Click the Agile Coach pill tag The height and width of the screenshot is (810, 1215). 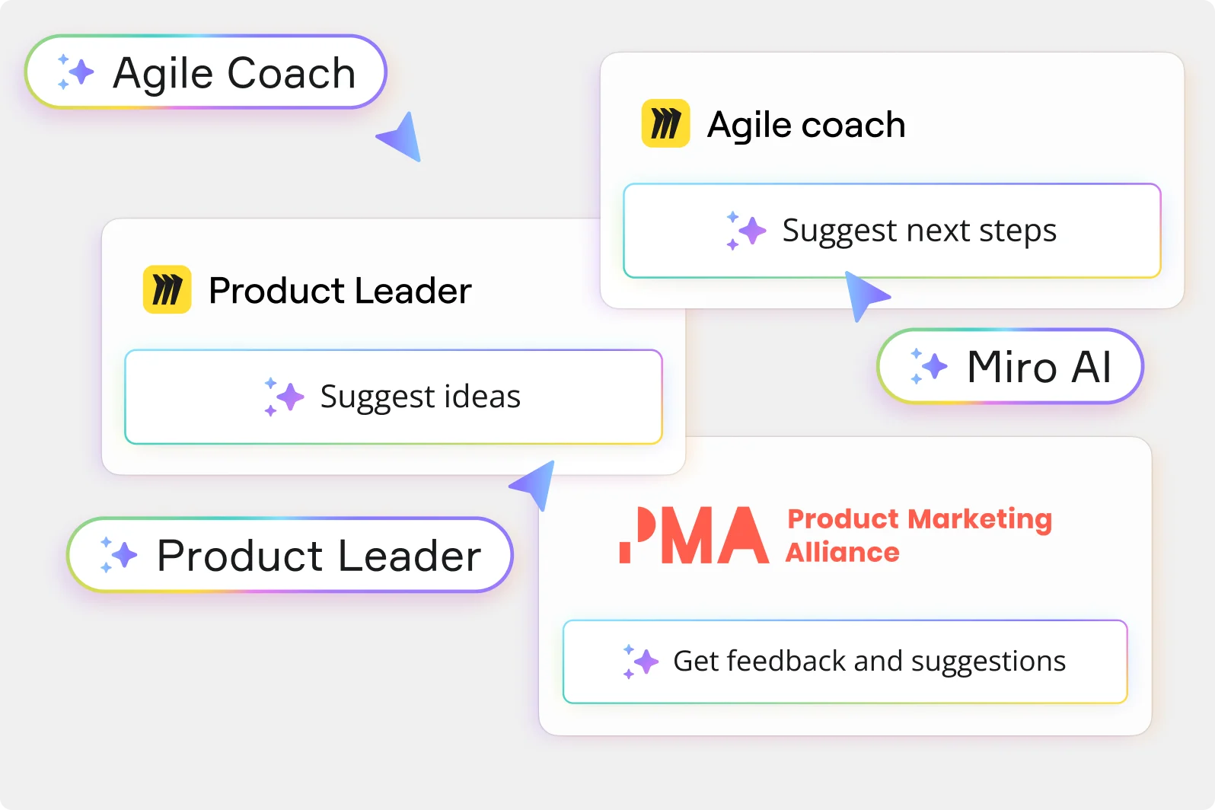click(x=206, y=72)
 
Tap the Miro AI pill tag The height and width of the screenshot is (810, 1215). click(x=1010, y=366)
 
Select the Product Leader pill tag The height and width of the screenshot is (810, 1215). click(x=290, y=555)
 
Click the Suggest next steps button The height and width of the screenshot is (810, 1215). click(x=891, y=231)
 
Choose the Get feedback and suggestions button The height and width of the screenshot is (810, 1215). click(x=844, y=662)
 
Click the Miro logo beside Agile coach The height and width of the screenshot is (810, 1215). click(x=665, y=123)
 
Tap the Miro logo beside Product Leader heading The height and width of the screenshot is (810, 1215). click(x=167, y=290)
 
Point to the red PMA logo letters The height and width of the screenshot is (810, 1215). click(x=694, y=535)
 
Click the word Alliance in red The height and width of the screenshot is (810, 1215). click(x=842, y=552)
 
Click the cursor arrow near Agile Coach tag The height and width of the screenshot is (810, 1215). click(x=401, y=137)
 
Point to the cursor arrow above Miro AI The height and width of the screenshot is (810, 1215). click(x=864, y=295)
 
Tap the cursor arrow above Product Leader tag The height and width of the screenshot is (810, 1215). click(x=534, y=483)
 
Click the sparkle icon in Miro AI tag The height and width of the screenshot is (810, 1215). click(x=929, y=366)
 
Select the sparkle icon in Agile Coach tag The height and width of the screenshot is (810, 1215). click(x=75, y=72)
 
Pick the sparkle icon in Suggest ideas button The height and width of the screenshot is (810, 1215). click(x=283, y=397)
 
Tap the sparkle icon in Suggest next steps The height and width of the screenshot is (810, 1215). click(x=745, y=231)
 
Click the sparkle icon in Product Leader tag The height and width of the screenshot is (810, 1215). click(x=119, y=555)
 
